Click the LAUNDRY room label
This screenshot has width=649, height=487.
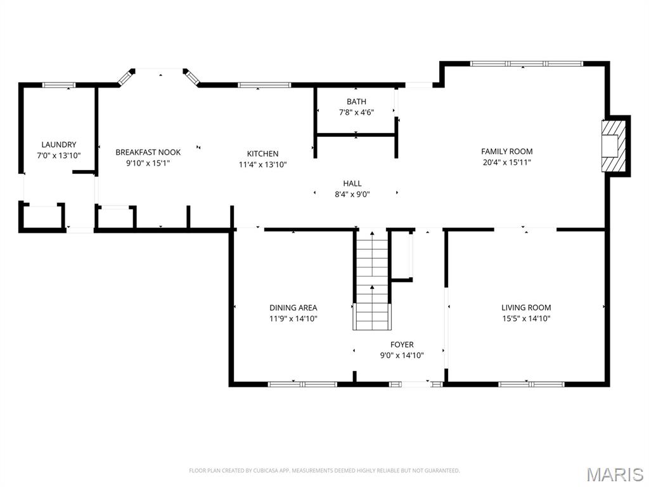(58, 145)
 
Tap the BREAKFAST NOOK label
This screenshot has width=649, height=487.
(148, 152)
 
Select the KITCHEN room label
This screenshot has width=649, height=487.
(262, 153)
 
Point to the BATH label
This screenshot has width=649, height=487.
(356, 101)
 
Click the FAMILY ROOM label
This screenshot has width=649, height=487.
(506, 151)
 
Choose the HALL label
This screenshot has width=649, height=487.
(352, 183)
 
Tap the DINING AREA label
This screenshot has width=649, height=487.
(293, 308)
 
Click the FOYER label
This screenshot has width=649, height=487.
(402, 344)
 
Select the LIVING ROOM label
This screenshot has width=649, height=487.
(526, 308)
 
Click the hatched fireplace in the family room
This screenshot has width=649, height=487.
(612, 145)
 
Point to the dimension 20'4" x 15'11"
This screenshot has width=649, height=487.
(506, 162)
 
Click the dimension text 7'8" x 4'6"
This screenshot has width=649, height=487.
(356, 113)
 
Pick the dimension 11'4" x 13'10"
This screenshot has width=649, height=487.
(262, 165)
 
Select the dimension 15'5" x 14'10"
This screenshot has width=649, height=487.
(526, 319)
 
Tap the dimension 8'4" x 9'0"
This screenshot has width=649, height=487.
(352, 195)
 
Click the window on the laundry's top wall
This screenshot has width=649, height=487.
(59, 85)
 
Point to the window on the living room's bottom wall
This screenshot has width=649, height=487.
(531, 384)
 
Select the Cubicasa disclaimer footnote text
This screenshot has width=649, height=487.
(324, 471)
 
